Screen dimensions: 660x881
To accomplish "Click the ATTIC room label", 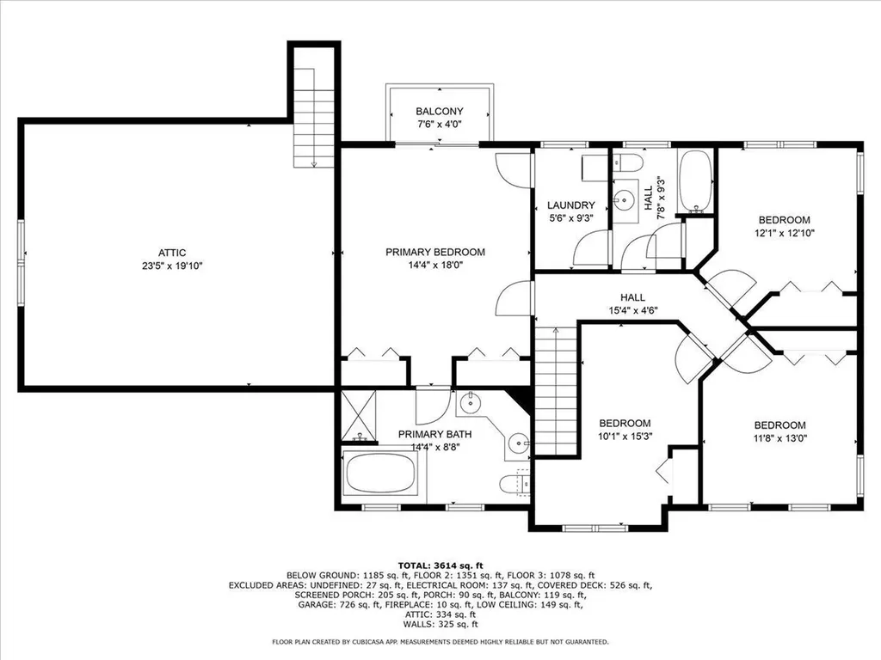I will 172,253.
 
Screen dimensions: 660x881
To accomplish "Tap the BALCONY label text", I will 440,112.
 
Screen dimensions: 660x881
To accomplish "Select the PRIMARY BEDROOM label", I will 435,253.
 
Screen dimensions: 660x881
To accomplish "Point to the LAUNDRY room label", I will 571,205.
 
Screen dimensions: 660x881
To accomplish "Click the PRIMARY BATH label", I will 435,435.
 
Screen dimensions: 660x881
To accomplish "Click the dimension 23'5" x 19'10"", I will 172,266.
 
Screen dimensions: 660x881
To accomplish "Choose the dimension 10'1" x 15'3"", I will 625,437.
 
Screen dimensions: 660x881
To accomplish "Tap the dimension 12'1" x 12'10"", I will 784,232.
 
